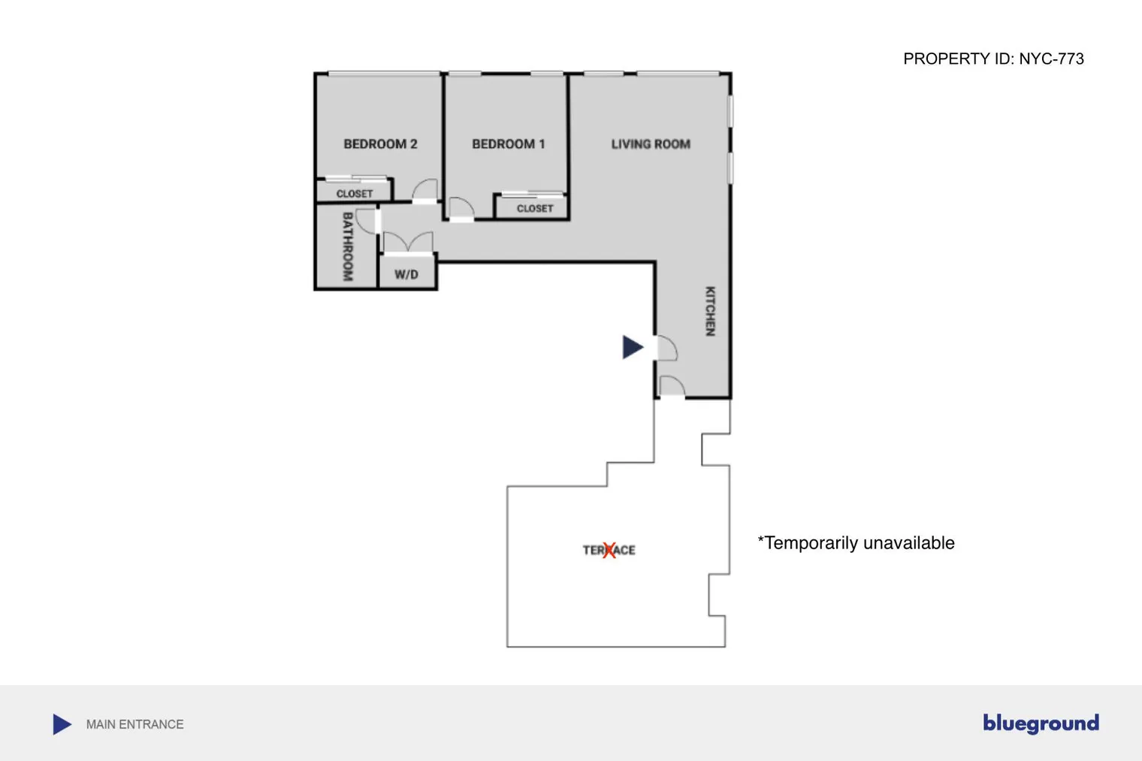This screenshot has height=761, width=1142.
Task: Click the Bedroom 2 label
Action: (x=380, y=144)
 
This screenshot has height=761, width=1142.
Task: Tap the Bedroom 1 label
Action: (x=508, y=144)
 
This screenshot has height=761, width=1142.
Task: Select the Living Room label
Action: (x=651, y=144)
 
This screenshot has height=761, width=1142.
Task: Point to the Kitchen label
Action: (x=710, y=311)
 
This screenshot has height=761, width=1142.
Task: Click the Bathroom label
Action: (x=347, y=246)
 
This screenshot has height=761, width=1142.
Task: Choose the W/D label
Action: (x=406, y=275)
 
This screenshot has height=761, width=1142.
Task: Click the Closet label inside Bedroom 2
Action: (x=355, y=194)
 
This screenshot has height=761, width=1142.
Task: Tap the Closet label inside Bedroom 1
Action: (x=535, y=209)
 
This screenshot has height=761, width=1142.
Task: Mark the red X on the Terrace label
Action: (x=609, y=551)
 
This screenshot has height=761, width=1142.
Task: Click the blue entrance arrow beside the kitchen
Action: (x=633, y=347)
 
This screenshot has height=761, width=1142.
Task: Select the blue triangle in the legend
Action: (x=62, y=724)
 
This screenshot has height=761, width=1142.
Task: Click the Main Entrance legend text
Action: (x=134, y=724)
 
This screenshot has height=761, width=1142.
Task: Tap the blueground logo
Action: (x=1041, y=723)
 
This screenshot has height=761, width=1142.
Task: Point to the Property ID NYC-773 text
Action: (x=993, y=59)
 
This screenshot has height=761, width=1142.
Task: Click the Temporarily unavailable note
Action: (x=856, y=543)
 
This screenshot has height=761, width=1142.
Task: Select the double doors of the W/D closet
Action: (x=408, y=243)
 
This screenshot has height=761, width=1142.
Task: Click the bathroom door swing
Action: (x=368, y=221)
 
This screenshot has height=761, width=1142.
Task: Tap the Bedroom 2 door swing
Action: (x=425, y=190)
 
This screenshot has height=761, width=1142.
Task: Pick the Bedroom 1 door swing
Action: (x=461, y=208)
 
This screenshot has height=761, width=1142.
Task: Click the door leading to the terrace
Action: (x=672, y=386)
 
